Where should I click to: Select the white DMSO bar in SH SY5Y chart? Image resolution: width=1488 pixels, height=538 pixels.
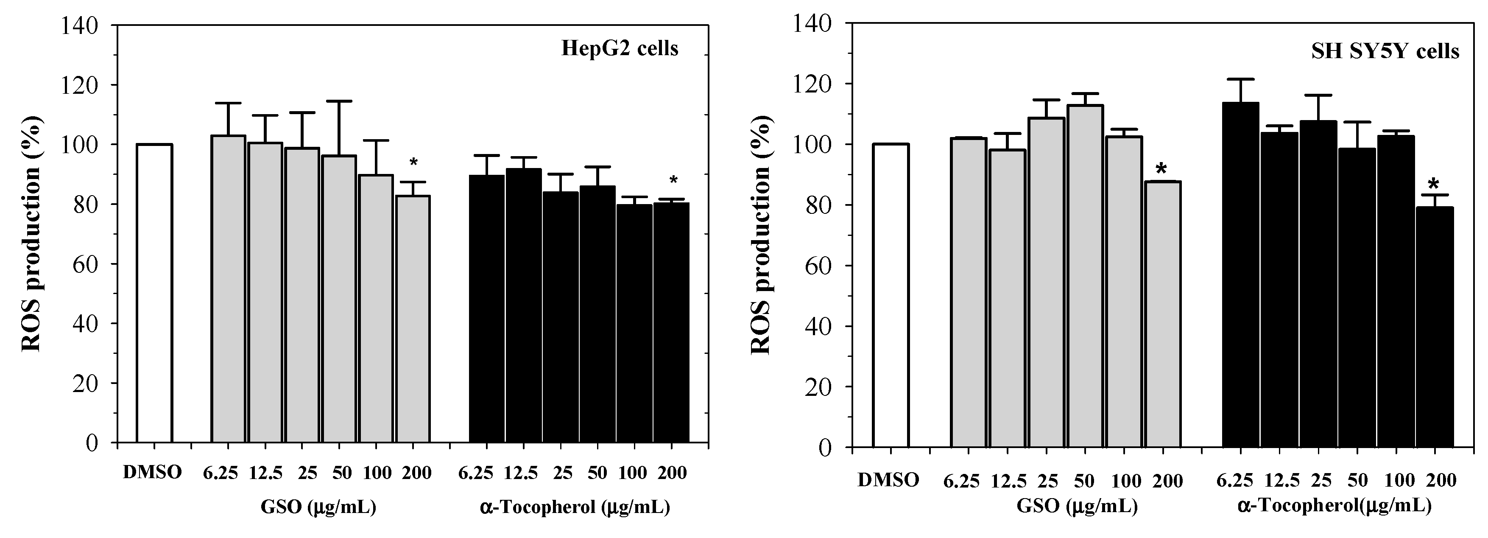tap(890, 295)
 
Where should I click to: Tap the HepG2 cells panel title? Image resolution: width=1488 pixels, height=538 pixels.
tap(620, 48)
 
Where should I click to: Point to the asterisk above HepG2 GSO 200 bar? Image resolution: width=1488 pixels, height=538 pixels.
tap(413, 163)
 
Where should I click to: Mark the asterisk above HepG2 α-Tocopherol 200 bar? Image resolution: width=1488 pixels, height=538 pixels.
tap(673, 180)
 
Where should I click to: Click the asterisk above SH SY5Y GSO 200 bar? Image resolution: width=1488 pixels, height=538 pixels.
tap(1161, 170)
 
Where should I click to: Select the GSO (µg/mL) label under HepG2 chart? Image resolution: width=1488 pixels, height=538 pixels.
tap(318, 507)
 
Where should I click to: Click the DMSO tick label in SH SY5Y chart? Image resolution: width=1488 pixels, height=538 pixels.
tap(888, 479)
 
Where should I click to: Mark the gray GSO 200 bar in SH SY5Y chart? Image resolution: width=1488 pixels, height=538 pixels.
tap(1163, 314)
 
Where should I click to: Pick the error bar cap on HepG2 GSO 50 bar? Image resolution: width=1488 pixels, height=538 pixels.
tap(339, 101)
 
